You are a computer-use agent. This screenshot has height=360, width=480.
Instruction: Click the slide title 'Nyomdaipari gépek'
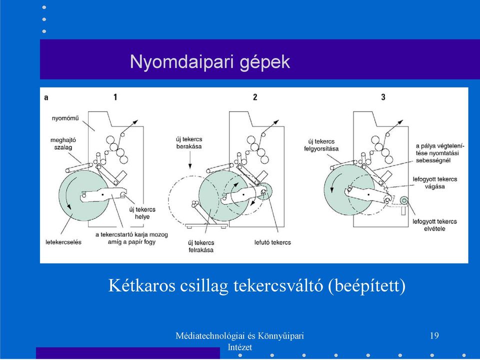210,62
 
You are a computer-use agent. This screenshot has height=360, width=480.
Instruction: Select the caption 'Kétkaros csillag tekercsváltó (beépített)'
257,285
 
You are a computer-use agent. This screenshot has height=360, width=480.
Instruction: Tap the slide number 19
434,336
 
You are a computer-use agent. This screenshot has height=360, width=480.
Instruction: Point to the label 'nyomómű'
65,118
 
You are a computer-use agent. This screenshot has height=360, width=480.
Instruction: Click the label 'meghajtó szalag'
63,143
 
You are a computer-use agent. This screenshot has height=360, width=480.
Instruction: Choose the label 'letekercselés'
63,242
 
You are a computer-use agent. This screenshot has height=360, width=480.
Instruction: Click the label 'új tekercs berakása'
189,142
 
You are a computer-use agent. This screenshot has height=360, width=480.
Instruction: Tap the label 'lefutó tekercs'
272,242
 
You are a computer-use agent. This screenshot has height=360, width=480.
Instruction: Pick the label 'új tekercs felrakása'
201,246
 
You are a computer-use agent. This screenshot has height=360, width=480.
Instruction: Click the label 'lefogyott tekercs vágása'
434,183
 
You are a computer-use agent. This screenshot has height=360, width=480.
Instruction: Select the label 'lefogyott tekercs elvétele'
434,225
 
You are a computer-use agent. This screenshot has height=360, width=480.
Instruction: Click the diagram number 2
255,97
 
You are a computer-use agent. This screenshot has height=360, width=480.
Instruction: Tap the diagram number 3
383,97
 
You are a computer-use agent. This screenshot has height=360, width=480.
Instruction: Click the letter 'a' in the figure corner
46,97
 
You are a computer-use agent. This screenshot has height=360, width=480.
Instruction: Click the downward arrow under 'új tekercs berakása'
190,160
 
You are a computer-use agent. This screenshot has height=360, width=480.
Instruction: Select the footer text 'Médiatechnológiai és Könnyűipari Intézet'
239,341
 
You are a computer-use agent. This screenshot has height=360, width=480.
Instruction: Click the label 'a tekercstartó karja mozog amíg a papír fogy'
131,238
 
